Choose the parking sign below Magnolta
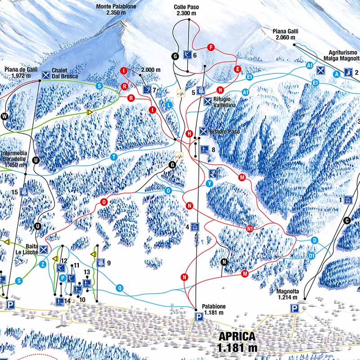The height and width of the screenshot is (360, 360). pyautogui.click(x=295, y=308)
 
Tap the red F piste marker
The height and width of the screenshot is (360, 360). pyautogui.click(x=210, y=47)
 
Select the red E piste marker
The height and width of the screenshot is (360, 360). pyautogui.click(x=237, y=69)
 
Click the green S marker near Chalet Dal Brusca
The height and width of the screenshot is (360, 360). pyautogui.click(x=99, y=85)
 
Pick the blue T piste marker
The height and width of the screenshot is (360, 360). pyautogui.click(x=114, y=157)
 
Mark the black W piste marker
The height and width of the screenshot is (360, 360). pyautogui.click(x=5, y=117)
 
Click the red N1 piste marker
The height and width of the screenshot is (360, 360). pyautogui.click(x=250, y=229)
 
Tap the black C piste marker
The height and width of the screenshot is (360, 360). pyautogui.click(x=346, y=220)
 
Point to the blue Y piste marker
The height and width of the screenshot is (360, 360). pyautogui.click(x=209, y=184)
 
